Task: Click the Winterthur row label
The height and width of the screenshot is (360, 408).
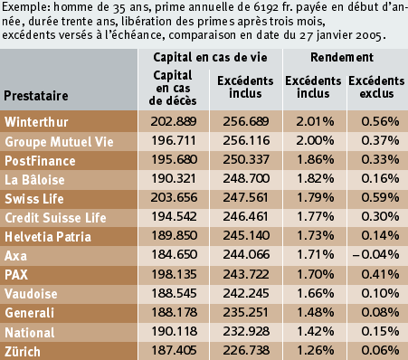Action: point(36,122)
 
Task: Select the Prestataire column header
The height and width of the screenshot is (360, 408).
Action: point(36,96)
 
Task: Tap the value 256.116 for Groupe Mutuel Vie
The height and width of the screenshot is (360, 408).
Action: point(246,140)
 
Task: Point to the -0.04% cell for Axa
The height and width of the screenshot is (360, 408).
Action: point(375,254)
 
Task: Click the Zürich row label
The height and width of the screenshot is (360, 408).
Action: point(23,352)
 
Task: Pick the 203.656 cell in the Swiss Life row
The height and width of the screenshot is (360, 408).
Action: point(174,197)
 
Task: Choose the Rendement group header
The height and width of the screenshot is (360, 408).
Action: point(342,57)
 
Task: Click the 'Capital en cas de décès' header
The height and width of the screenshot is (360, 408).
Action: point(173,88)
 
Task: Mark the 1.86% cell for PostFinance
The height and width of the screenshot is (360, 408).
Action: point(316,159)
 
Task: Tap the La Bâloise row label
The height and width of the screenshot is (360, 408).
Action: point(34,180)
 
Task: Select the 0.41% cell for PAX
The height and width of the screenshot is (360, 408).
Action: point(380,274)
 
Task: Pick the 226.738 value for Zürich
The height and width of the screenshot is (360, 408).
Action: point(246,350)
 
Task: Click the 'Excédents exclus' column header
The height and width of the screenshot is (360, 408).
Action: point(376,87)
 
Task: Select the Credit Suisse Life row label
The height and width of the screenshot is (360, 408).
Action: point(55,218)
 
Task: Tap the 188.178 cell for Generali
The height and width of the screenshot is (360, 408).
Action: point(174,312)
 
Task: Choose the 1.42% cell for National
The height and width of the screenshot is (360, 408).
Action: point(316,331)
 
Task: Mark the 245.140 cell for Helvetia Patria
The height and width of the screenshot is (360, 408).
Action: point(246,235)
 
